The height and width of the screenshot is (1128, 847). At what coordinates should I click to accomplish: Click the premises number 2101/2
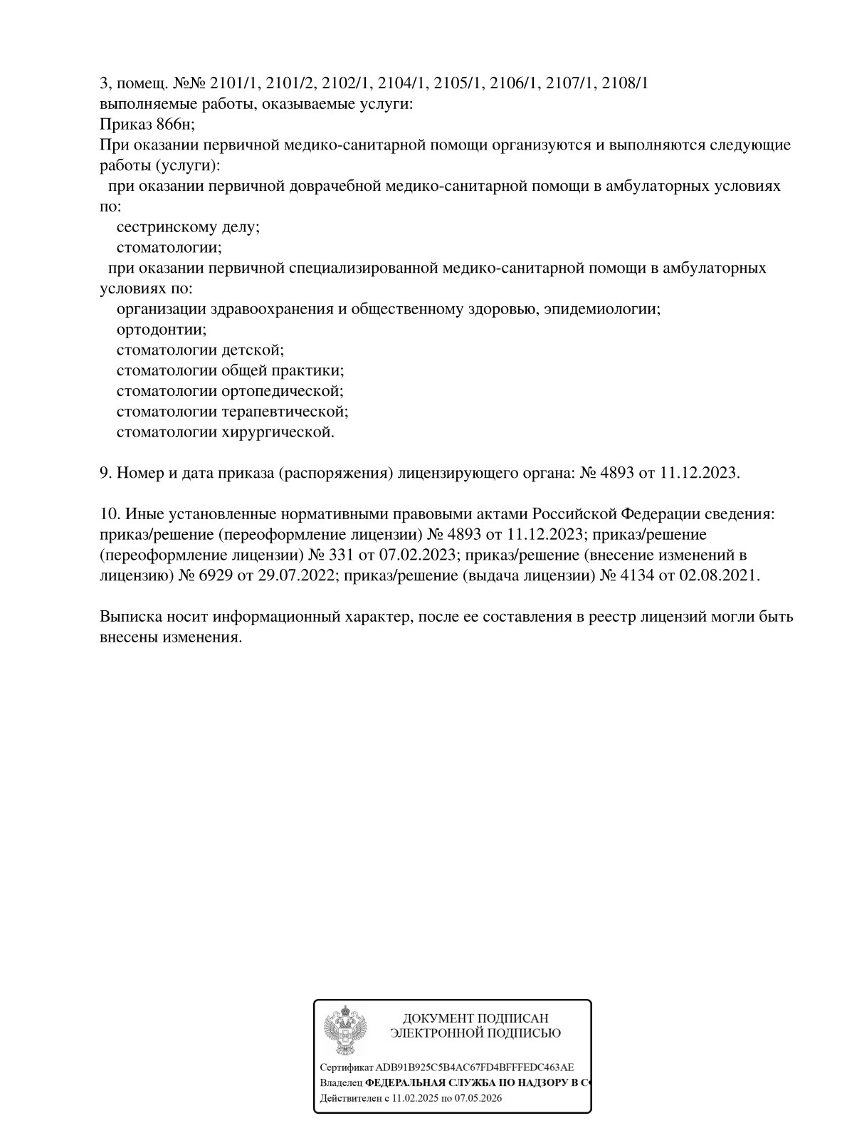point(290,83)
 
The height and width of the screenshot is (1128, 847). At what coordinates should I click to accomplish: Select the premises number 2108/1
point(624,83)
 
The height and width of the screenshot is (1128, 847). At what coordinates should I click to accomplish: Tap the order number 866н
point(174,125)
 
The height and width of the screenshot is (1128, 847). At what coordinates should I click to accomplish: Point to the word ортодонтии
point(161,330)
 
